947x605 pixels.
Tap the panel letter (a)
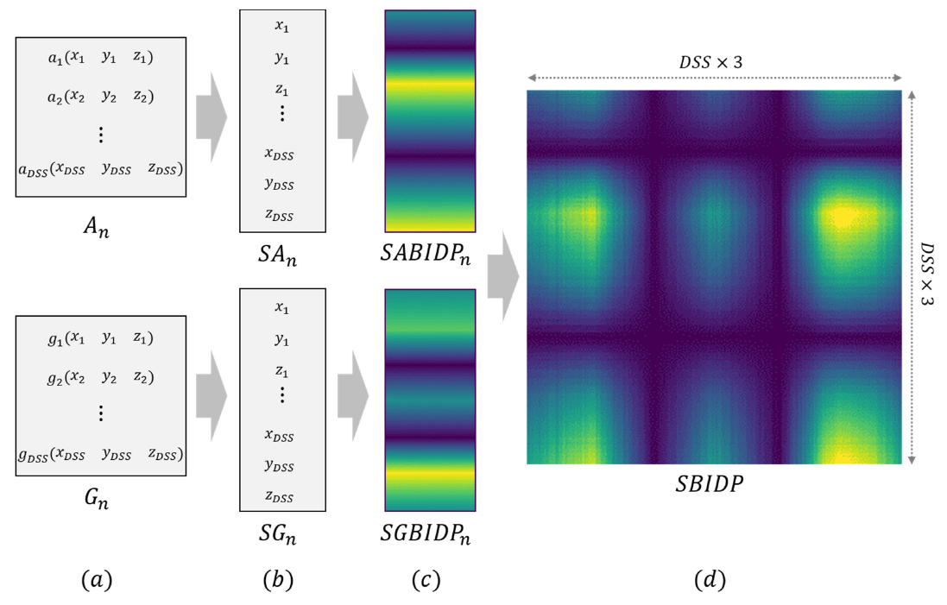[97, 581]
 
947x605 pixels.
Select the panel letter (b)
[278, 581]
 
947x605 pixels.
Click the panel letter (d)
[710, 581]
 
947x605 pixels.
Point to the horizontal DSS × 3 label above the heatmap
[713, 62]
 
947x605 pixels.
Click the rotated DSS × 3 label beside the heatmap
[929, 274]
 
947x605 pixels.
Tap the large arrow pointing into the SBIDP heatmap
[502, 277]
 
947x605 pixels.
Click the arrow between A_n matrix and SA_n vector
[211, 117]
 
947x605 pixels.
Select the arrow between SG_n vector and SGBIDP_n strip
[352, 397]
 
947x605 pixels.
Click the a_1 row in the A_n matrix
[101, 59]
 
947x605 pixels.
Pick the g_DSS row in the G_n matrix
[101, 454]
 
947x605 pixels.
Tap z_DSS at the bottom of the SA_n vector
[279, 216]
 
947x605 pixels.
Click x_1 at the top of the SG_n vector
[281, 308]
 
